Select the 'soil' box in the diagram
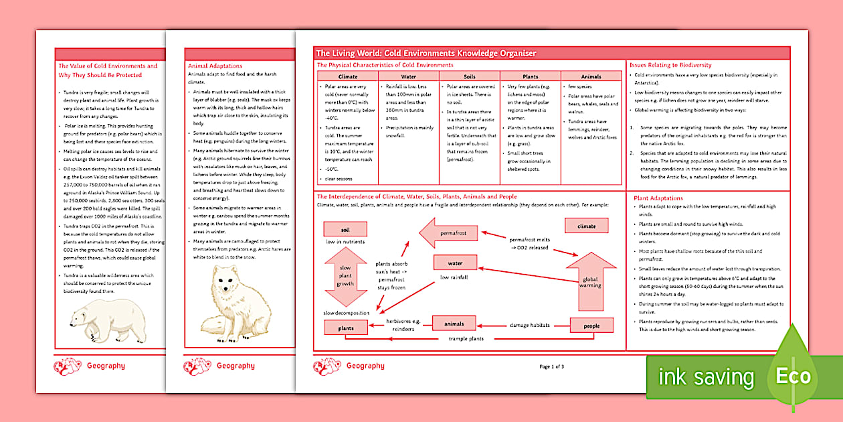click(345, 230)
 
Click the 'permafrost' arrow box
click(452, 233)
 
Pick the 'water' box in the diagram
click(456, 263)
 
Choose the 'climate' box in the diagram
click(585, 226)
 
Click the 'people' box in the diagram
click(591, 326)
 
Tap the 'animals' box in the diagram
click(454, 324)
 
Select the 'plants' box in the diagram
click(346, 328)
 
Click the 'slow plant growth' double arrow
click(345, 275)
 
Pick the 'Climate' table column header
click(348, 77)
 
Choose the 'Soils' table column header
click(469, 77)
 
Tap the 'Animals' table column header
click(591, 77)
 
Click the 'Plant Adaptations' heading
click(658, 198)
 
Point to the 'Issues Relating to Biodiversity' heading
click(670, 65)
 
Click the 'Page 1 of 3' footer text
click(552, 366)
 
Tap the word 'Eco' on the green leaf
click(793, 376)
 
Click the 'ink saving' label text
click(706, 377)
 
